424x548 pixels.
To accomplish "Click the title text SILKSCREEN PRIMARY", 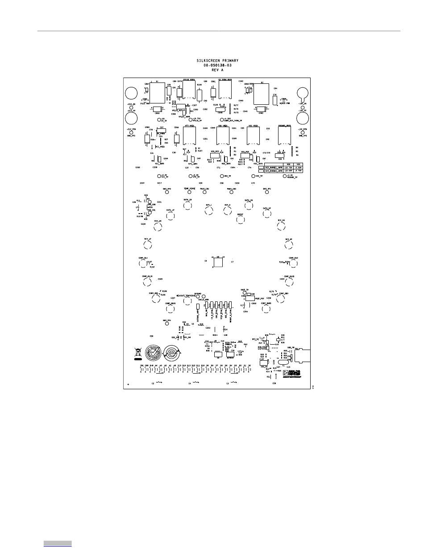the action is click(218, 60).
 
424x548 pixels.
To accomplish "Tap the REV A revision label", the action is click(218, 70).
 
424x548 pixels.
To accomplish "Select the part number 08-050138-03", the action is click(218, 65).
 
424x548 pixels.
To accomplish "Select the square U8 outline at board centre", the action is click(218, 263).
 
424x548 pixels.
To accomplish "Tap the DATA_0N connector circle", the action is click(248, 206).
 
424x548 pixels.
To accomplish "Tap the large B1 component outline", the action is click(157, 93).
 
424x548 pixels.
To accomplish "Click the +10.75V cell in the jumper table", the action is click(288, 167).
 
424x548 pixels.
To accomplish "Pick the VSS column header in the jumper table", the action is click(299, 164).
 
